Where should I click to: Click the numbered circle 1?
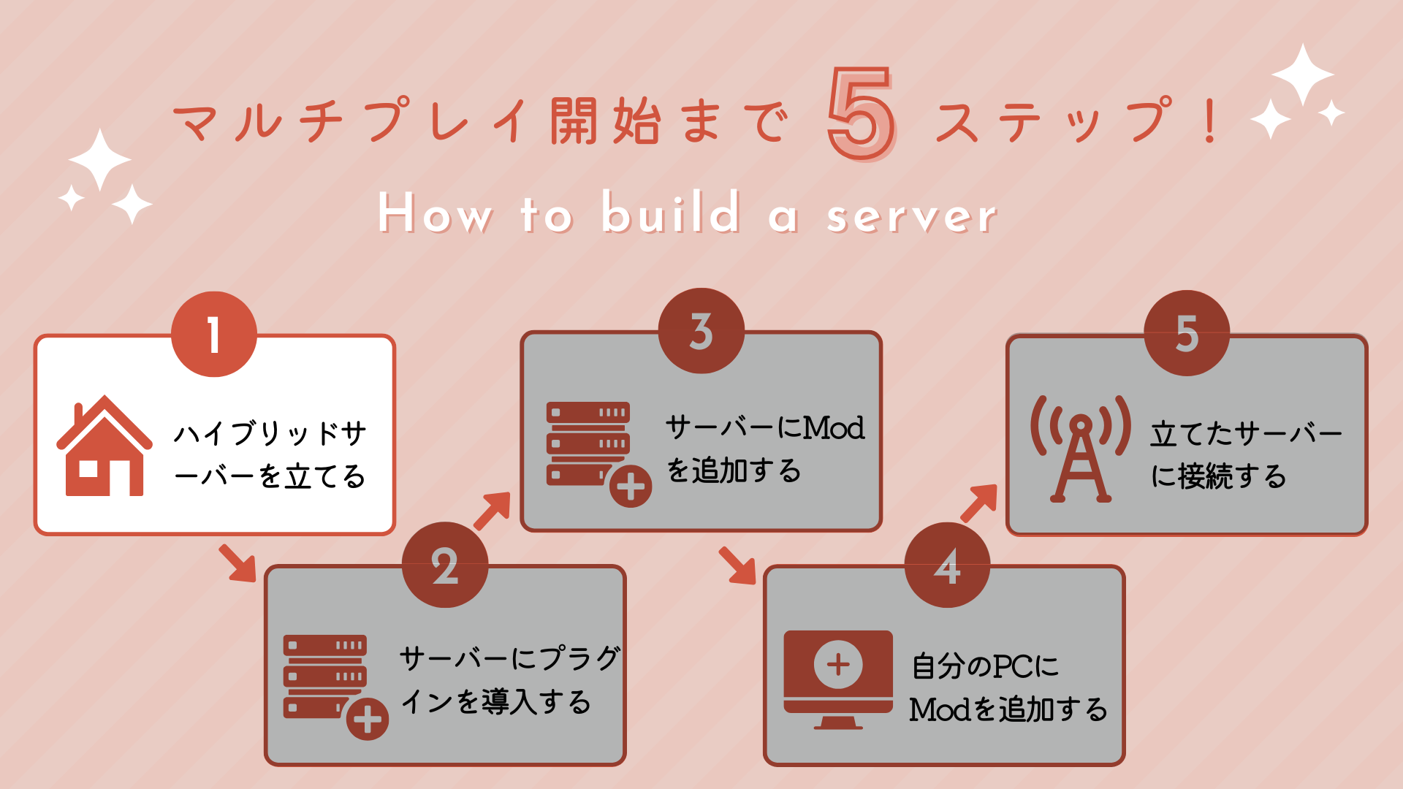click(x=214, y=335)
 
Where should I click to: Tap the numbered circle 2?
click(x=445, y=565)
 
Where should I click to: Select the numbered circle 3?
click(x=701, y=331)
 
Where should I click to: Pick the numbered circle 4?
click(x=947, y=565)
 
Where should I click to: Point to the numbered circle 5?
click(x=1187, y=334)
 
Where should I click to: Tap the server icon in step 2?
click(x=326, y=676)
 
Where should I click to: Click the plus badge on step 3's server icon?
click(x=631, y=487)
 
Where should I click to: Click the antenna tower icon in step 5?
click(x=1081, y=449)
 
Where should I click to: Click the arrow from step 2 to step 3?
click(x=492, y=510)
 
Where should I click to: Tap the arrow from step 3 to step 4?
click(x=737, y=565)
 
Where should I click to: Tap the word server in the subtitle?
click(x=911, y=216)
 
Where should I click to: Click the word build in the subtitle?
click(x=670, y=213)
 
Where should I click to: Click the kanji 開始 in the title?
click(x=606, y=121)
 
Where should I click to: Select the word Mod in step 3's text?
click(x=834, y=428)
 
